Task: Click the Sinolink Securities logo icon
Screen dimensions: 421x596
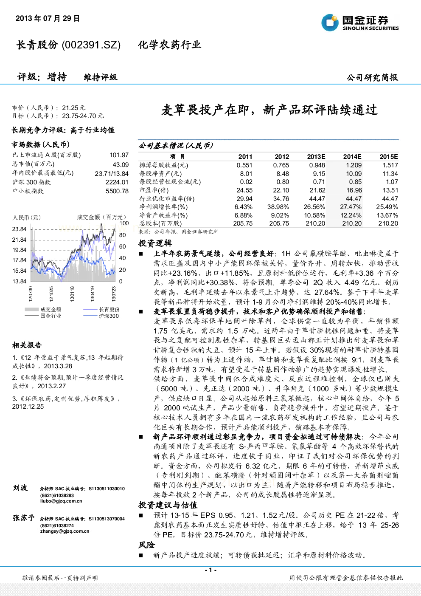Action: pyautogui.click(x=330, y=23)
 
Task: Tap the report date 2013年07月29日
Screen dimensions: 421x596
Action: pyautogui.click(x=48, y=18)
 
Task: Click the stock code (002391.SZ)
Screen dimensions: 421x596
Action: pyautogui.click(x=91, y=45)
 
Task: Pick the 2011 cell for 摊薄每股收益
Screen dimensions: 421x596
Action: pyautogui.click(x=244, y=165)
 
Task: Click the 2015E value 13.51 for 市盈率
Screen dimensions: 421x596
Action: pyautogui.click(x=390, y=190)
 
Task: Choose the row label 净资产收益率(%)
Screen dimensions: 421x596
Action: pyautogui.click(x=163, y=215)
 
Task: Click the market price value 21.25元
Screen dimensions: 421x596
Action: pyautogui.click(x=73, y=108)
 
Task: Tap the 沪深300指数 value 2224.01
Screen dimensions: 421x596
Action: pyautogui.click(x=117, y=182)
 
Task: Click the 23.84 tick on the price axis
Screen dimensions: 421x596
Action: pyautogui.click(x=20, y=229)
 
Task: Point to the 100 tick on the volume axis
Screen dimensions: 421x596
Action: pyautogui.click(x=124, y=223)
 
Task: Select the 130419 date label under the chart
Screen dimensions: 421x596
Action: pyautogui.click(x=92, y=294)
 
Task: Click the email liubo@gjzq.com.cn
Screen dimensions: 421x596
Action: pyautogui.click(x=61, y=501)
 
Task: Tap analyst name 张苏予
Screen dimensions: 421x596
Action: pyautogui.click(x=23, y=518)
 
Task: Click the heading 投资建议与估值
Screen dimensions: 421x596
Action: pyautogui.click(x=168, y=505)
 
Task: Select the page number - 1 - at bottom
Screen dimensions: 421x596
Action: pyautogui.click(x=211, y=570)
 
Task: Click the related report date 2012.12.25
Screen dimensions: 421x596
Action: pyautogui.click(x=28, y=406)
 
